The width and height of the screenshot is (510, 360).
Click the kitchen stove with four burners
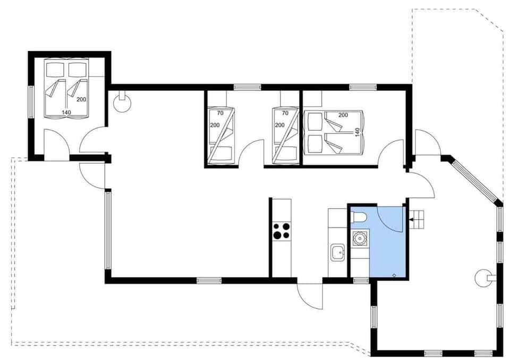(x=282, y=231)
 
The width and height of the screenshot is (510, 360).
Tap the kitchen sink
(x=337, y=252)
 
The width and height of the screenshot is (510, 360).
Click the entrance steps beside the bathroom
(x=419, y=219)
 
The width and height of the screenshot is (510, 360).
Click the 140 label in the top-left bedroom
(x=66, y=112)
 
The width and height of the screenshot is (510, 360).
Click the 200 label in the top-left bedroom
(x=81, y=99)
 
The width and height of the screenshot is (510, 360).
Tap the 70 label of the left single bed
(x=220, y=113)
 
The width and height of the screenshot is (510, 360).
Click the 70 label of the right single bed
(x=285, y=113)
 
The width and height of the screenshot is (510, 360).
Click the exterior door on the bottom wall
(x=310, y=295)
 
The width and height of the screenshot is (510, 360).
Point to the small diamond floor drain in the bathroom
(x=394, y=275)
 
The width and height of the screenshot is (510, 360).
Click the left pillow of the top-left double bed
(x=54, y=69)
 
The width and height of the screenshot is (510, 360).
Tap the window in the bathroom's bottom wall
(x=361, y=280)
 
